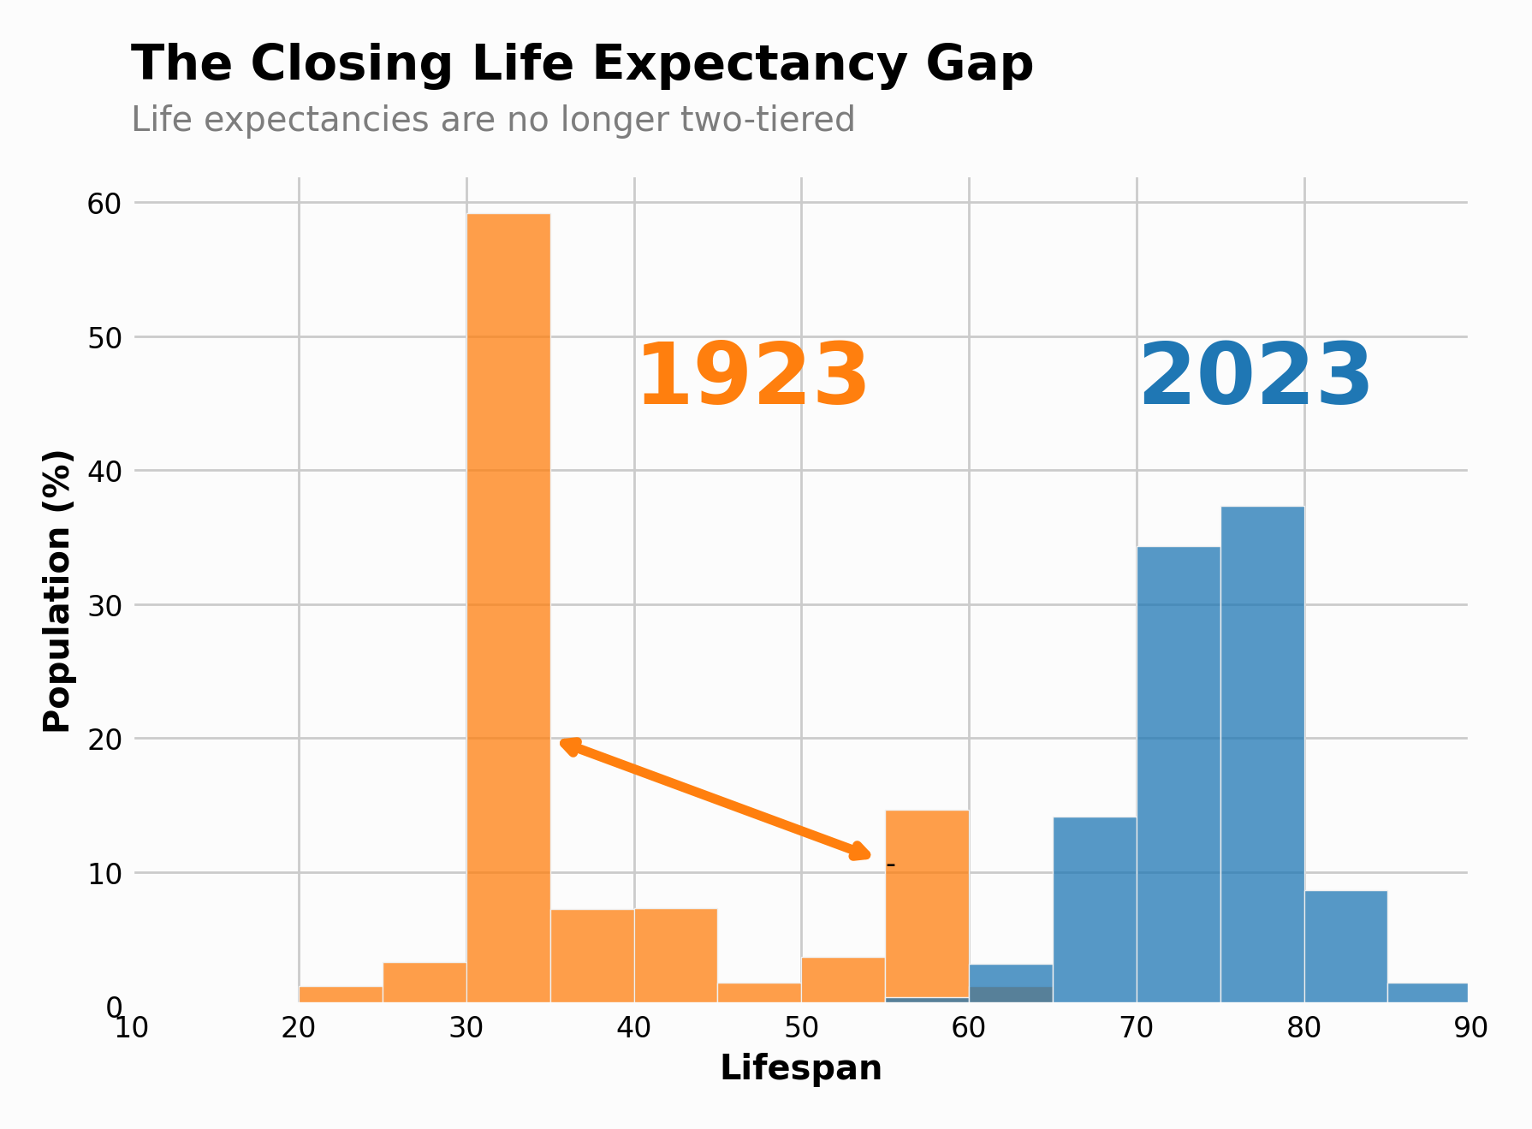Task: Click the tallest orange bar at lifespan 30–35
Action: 508,608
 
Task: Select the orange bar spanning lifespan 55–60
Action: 927,904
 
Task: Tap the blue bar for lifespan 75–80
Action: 1262,753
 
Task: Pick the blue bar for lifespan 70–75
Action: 1179,774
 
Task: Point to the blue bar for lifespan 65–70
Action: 1095,909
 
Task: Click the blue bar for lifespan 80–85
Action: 1345,946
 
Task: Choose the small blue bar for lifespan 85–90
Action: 1428,993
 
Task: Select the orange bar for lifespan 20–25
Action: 341,994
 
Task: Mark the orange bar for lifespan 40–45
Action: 675,954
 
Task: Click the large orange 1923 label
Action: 753,377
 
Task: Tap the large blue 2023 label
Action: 1256,377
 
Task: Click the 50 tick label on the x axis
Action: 801,1028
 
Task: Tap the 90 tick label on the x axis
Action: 1471,1028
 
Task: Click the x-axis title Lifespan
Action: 801,1068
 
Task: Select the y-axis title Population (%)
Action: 57,591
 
